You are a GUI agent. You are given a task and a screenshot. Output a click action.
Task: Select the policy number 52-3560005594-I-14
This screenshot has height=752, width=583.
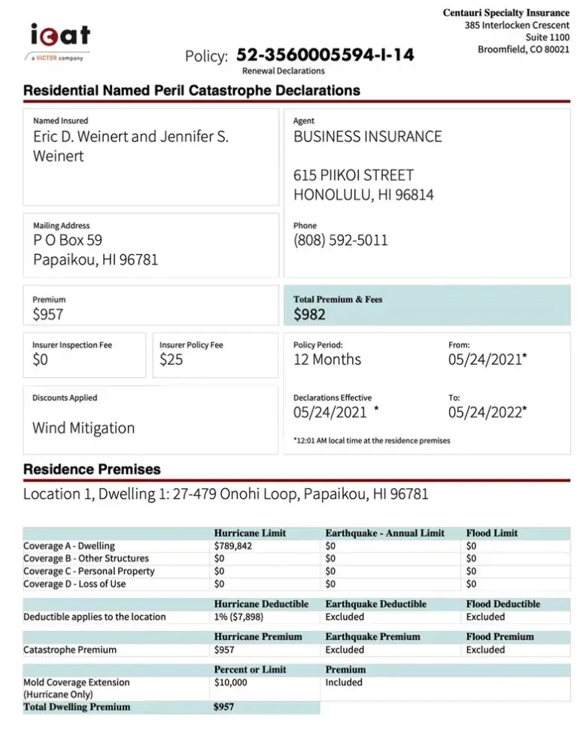click(324, 56)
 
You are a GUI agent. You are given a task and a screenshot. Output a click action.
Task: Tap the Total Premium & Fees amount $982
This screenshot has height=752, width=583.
click(309, 314)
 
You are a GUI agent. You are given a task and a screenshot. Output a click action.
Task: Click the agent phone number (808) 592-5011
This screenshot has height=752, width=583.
click(341, 241)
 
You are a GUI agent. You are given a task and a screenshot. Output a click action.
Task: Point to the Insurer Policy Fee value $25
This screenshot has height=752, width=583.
click(171, 359)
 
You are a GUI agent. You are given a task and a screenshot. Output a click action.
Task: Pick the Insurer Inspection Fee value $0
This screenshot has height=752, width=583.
click(40, 359)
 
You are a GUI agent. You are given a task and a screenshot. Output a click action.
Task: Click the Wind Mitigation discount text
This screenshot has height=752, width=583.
click(84, 428)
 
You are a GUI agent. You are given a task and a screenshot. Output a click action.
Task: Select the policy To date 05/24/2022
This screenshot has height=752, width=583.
click(487, 411)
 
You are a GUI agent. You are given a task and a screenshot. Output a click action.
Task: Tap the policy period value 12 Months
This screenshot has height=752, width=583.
click(326, 359)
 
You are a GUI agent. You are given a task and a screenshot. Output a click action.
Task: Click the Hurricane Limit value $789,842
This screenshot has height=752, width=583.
click(233, 546)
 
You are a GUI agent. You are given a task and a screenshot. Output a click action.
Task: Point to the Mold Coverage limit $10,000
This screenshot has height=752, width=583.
click(230, 683)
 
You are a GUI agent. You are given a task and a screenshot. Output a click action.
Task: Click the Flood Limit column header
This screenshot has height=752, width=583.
click(492, 533)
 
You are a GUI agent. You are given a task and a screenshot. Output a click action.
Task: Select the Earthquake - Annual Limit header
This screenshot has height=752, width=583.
click(384, 533)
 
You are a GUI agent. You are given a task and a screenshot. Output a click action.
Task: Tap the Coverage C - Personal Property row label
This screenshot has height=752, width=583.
click(89, 572)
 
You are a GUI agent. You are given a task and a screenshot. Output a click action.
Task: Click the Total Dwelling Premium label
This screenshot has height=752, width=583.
click(77, 707)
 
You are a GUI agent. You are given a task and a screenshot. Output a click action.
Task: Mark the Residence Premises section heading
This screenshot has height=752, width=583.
click(92, 469)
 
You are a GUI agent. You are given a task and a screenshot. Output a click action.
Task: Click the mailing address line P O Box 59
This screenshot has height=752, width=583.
click(68, 241)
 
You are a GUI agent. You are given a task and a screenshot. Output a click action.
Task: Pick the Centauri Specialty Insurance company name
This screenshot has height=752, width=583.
click(506, 13)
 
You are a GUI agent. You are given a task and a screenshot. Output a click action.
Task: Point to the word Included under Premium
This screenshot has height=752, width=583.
click(344, 683)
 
